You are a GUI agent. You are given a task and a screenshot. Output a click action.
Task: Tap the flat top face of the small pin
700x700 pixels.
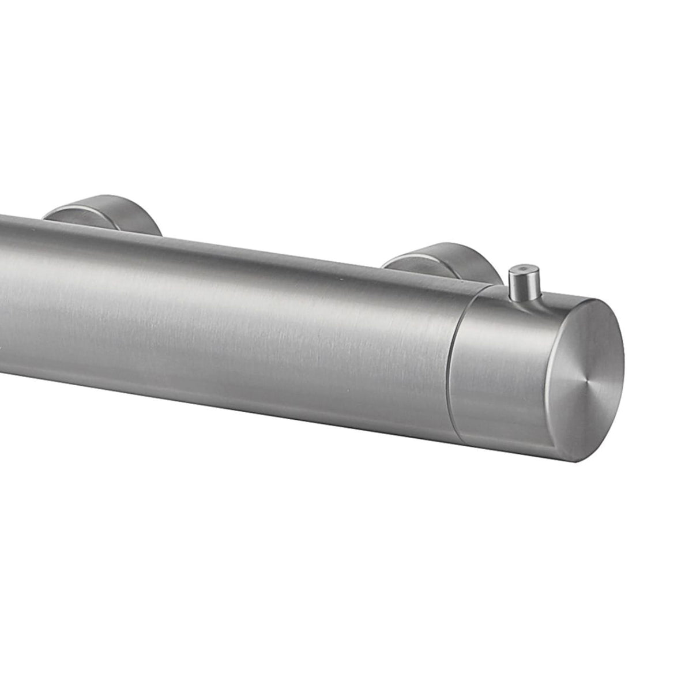point(522,269)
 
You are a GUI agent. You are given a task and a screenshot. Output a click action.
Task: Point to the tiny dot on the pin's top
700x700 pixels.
point(522,268)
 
